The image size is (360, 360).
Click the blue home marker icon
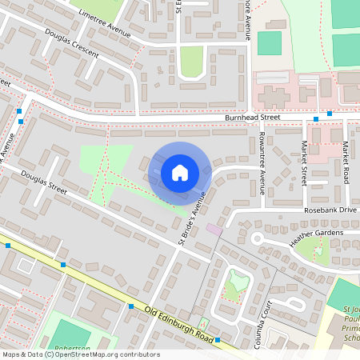pos(180,173)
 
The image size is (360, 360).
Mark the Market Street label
pos(304,163)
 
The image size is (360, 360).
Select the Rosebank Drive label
pos(328,210)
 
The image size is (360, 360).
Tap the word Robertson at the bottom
pos(72,350)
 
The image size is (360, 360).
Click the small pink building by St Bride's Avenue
pos(214,230)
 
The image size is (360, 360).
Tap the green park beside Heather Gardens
pos(319,253)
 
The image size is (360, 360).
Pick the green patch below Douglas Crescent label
pos(191,62)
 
